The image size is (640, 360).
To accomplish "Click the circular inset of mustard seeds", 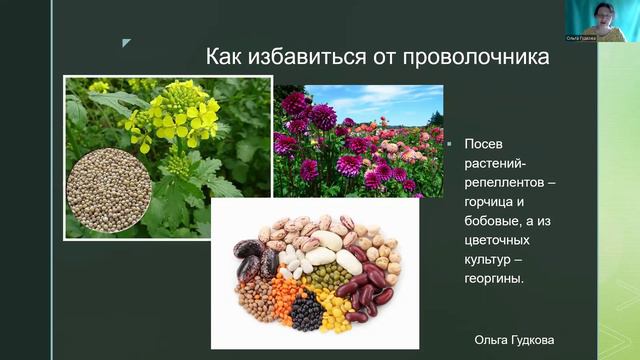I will [x=108, y=190].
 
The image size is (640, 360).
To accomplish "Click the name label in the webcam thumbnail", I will [x=580, y=37].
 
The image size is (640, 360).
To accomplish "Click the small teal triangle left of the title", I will [x=126, y=43].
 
